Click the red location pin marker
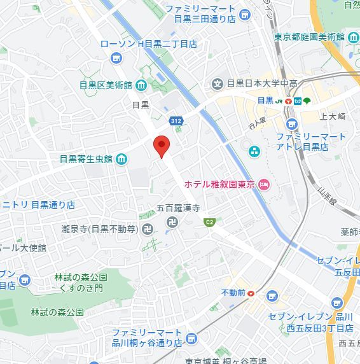tap(162, 146)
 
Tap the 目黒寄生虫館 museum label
tap(86, 158)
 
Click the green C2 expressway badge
tap(209, 222)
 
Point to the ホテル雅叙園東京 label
tap(219, 185)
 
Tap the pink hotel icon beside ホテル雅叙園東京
tap(264, 185)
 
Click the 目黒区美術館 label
tap(105, 85)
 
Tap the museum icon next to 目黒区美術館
tap(141, 85)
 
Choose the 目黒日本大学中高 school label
tap(262, 83)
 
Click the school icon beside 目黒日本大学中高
tap(218, 83)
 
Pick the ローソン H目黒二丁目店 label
tap(149, 44)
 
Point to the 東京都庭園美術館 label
tap(309, 37)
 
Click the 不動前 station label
tap(233, 293)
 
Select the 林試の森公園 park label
tap(57, 312)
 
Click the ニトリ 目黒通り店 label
tap(38, 205)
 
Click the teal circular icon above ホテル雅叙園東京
tap(254, 151)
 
